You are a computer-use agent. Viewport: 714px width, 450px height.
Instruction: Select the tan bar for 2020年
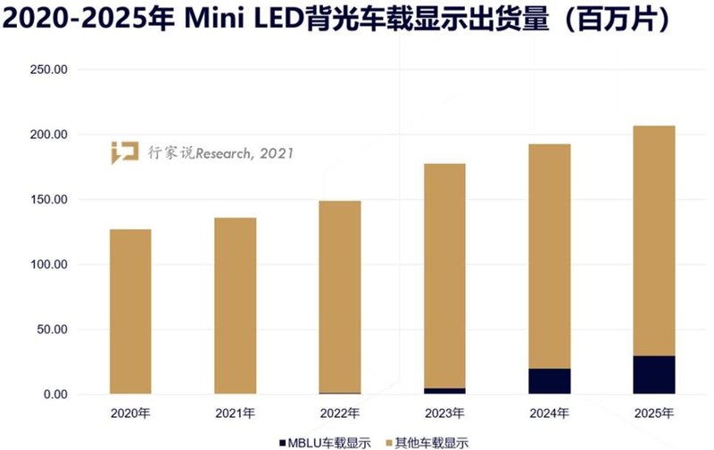tap(130, 311)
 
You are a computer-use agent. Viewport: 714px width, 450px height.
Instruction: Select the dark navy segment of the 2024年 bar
tap(550, 381)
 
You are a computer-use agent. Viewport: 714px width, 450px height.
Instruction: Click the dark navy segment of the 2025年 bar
tap(654, 375)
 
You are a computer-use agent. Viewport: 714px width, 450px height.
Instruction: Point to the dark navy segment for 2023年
tap(444, 390)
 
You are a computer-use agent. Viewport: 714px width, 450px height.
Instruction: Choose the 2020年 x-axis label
tap(130, 413)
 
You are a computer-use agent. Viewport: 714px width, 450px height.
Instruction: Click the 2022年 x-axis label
tap(340, 413)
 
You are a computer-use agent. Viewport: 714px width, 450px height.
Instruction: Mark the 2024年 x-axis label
tap(550, 413)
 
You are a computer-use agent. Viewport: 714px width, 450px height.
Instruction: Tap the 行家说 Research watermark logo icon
tap(124, 152)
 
